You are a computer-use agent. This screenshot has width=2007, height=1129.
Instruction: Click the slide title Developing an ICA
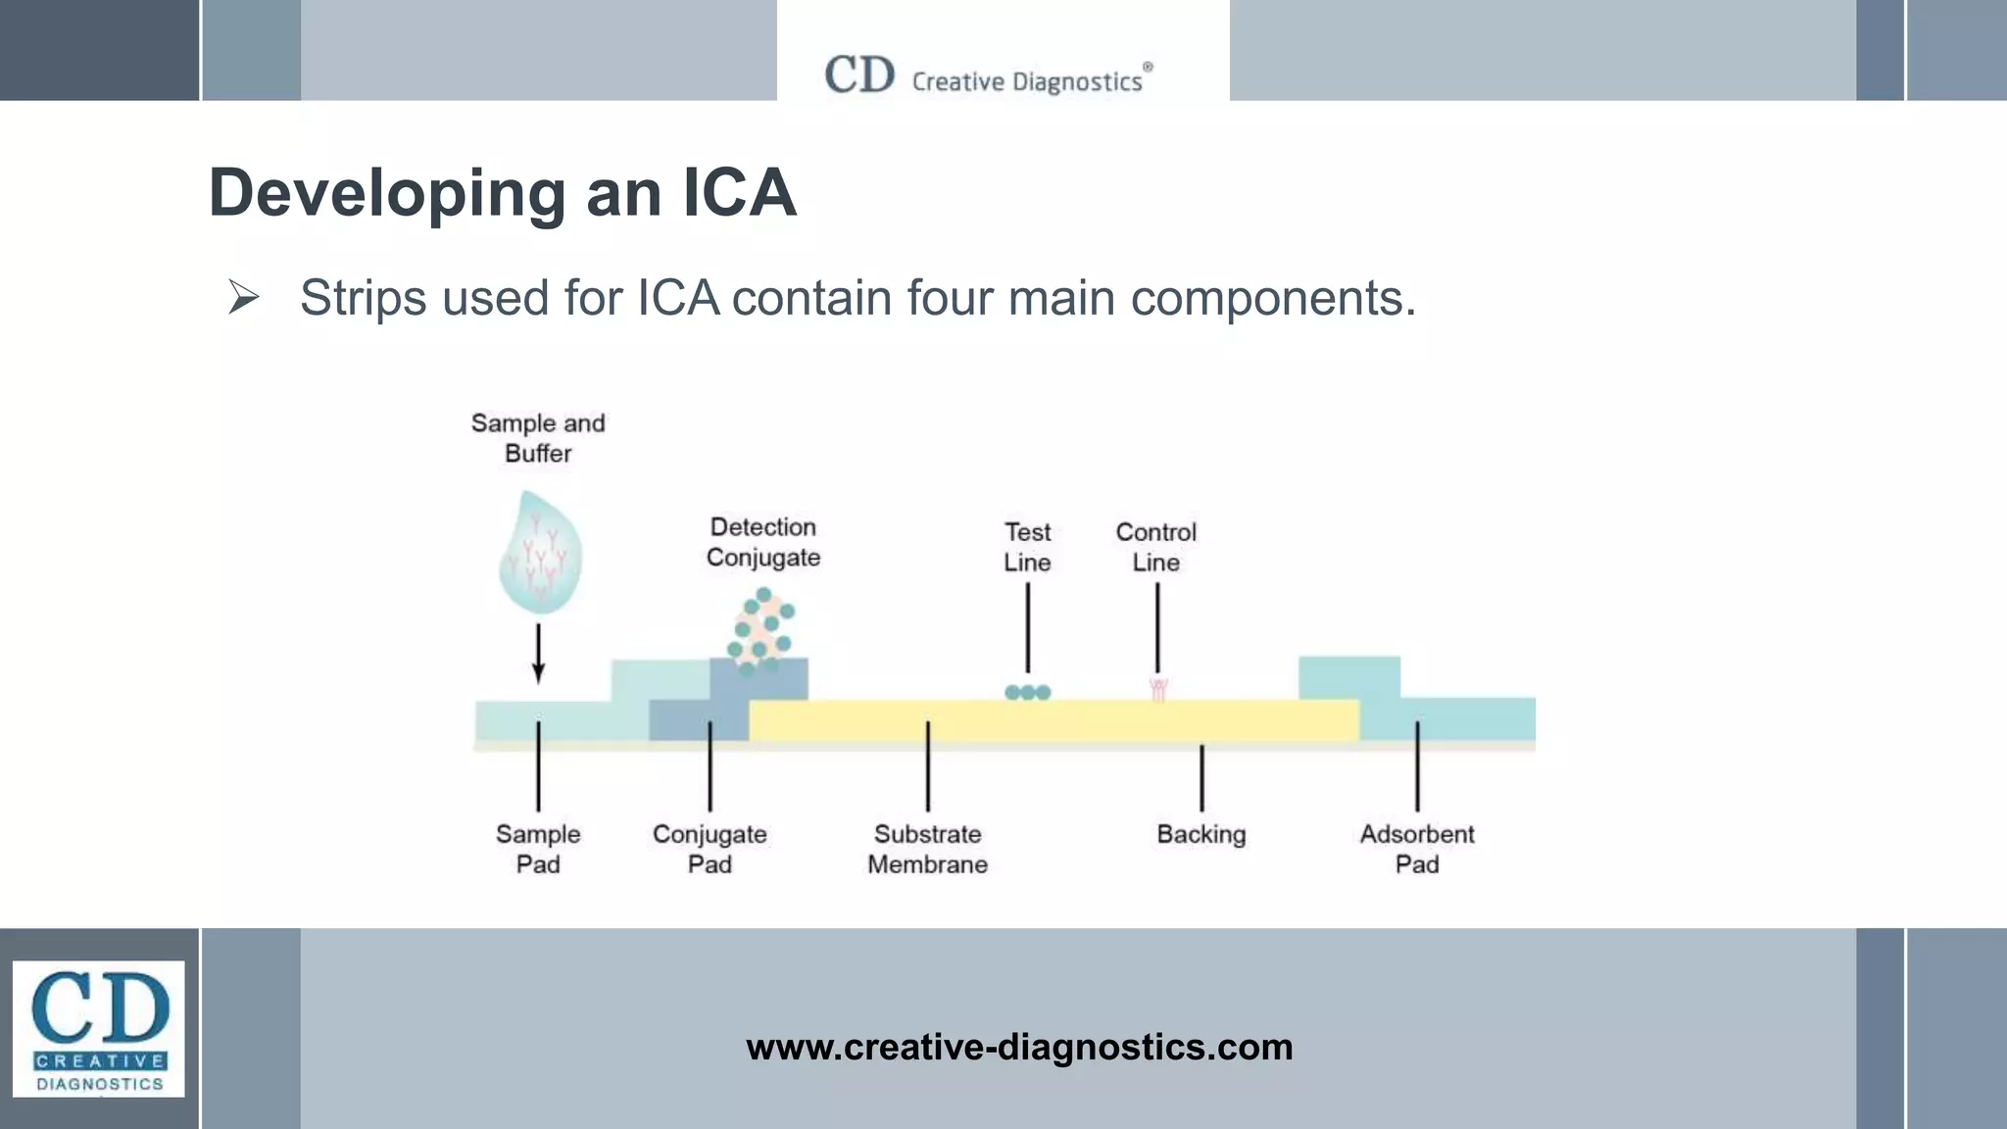coord(502,193)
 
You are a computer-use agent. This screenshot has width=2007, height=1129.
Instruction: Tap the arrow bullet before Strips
coord(243,297)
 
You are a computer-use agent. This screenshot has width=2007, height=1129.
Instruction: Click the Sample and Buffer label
coord(538,438)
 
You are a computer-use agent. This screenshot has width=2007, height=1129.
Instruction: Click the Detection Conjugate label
coord(763,542)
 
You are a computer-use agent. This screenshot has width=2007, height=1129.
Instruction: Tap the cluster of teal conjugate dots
coord(760,630)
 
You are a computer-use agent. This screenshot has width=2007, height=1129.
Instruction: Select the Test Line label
coord(1027,547)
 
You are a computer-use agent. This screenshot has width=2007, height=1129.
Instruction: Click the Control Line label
coord(1156,547)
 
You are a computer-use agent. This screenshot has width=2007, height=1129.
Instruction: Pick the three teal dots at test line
coord(1027,692)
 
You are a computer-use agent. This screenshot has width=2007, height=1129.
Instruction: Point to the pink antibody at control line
coord(1158,690)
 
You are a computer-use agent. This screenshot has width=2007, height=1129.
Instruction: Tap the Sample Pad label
coord(538,849)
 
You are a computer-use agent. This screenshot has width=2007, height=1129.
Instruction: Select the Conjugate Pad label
coord(710,849)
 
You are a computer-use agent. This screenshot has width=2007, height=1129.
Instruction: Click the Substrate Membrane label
coord(927,849)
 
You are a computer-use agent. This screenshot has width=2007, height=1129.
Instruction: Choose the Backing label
coord(1201,834)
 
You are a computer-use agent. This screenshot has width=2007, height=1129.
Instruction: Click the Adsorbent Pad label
coord(1417,849)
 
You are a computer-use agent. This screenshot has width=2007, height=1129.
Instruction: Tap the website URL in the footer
coord(1019,1047)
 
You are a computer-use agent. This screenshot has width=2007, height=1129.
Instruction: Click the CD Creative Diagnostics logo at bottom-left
coord(98,1028)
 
